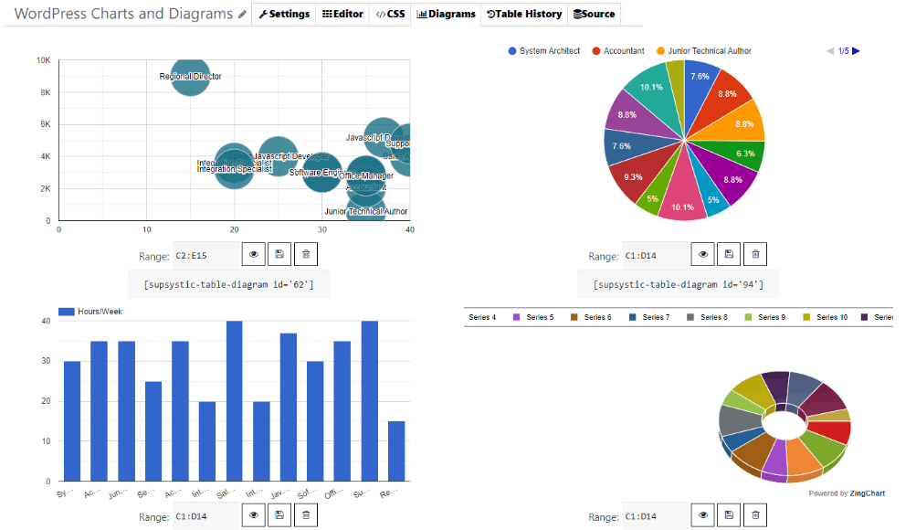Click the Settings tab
coord(284,14)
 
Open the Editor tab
coord(343,14)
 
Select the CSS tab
coord(390,14)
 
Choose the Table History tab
coord(523,14)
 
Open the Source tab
coord(594,14)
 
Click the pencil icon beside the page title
coord(242,15)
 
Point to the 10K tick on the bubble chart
coord(43,60)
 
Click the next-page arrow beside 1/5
coord(857,51)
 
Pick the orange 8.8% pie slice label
coord(743,124)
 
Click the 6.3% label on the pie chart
coord(745,154)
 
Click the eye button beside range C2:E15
coord(254,255)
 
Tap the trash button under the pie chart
coord(755,255)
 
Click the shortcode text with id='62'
coord(228,284)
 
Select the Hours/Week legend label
coord(100,312)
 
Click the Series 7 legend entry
coord(649,317)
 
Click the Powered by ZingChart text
coord(847,493)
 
